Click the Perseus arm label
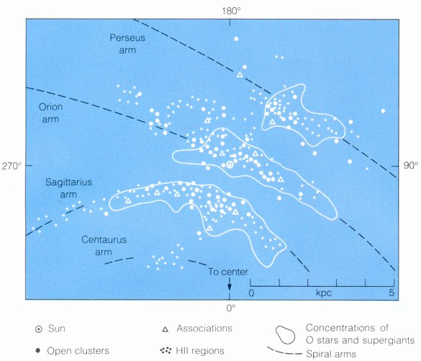127,44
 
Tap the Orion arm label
50,113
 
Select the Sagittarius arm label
69,188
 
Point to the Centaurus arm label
104,246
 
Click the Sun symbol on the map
230,164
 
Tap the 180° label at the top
231,11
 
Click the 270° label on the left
12,166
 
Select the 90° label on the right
411,165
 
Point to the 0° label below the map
230,308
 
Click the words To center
228,272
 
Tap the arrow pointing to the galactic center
230,284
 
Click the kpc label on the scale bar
324,293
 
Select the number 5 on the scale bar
391,293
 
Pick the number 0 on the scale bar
251,293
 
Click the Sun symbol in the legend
39,329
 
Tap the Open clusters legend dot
38,350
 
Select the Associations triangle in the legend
166,329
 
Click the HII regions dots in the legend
166,350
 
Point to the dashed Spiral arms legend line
284,352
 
